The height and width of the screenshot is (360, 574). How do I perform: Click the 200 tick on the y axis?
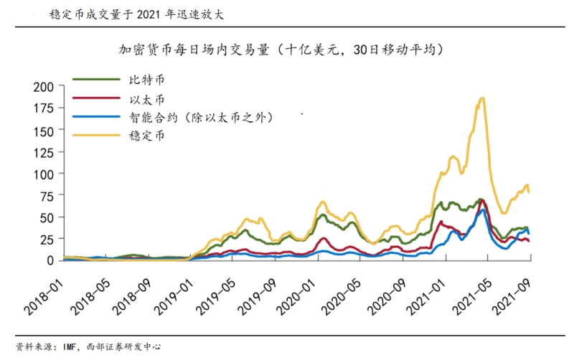[x=43, y=87]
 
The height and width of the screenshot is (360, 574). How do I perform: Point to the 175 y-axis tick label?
[x=43, y=108]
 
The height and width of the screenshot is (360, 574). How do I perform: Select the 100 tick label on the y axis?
[x=43, y=174]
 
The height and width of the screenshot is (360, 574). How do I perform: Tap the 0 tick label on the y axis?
[x=50, y=260]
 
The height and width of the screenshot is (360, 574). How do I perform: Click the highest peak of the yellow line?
[x=481, y=99]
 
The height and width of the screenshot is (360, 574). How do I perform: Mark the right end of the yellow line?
[x=530, y=191]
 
